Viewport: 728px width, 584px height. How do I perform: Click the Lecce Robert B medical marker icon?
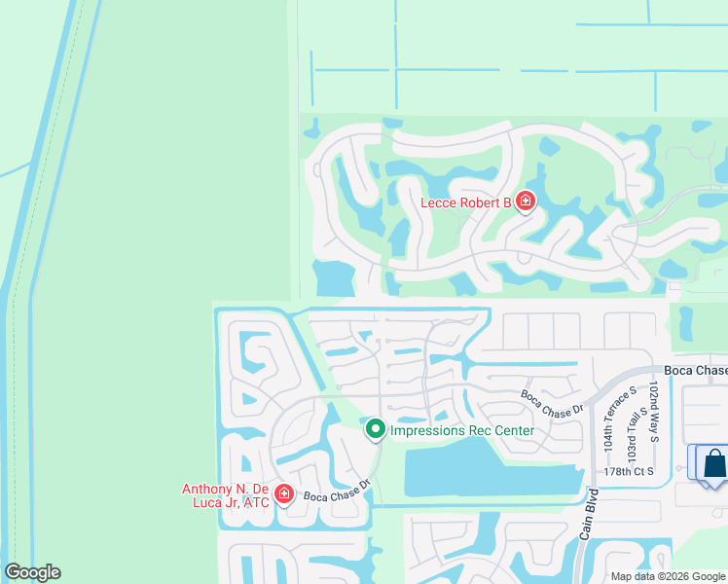[526, 201]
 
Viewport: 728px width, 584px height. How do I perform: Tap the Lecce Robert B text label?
[465, 202]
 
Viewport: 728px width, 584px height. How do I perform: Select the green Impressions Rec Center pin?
[375, 428]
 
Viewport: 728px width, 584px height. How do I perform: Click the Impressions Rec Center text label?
[461, 430]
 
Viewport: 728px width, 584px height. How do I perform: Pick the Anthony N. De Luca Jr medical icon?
[283, 493]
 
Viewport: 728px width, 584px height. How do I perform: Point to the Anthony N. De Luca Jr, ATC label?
[225, 494]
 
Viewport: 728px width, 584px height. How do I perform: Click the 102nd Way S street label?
[654, 408]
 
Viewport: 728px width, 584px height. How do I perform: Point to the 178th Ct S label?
[631, 471]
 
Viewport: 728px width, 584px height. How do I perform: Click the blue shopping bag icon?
[714, 462]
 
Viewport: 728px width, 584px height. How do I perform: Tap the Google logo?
[32, 572]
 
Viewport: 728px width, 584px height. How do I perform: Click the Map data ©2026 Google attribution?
[667, 575]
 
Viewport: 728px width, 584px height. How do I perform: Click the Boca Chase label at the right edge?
[695, 371]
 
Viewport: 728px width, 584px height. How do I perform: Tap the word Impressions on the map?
[428, 430]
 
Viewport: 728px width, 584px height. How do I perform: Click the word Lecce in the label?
[439, 202]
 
